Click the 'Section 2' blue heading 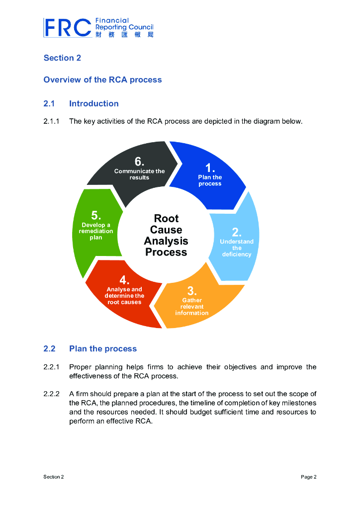coord(62,58)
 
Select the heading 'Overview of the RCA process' coord(102,80)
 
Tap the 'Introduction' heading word coord(94,103)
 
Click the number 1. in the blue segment coord(210,168)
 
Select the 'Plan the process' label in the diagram coord(210,180)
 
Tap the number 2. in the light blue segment coord(237,232)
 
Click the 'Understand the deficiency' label coord(237,248)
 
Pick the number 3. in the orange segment coord(192,291)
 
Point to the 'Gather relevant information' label coord(192,306)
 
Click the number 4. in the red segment coord(124,280)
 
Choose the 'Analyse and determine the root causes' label coord(124,296)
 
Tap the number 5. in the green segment coord(96,215)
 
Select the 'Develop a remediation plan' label coord(96,231)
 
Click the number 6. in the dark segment coord(140,162)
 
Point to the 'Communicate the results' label coord(139,174)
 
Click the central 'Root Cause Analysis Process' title coord(166,235)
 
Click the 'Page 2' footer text coord(308,477)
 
